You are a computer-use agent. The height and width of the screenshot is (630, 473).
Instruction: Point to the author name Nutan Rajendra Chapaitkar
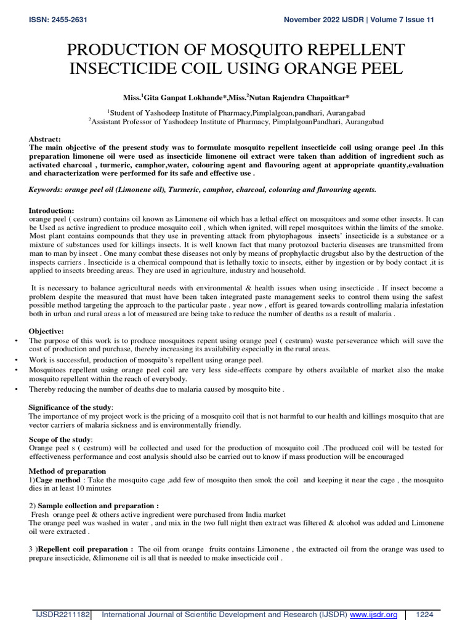tap(291, 97)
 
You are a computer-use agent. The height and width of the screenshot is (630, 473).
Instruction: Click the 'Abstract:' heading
tap(44, 140)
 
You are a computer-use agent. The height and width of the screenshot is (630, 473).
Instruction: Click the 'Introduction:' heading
tap(52, 210)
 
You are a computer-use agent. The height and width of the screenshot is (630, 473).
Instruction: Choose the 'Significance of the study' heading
tap(71, 407)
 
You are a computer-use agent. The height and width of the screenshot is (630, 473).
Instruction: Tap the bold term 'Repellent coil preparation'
tap(86, 549)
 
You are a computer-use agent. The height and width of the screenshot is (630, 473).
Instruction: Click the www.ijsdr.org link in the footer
tap(373, 615)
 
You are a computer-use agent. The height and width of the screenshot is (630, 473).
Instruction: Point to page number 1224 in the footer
tap(425, 615)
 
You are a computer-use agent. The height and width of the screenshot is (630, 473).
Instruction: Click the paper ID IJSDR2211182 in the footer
tap(62, 615)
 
